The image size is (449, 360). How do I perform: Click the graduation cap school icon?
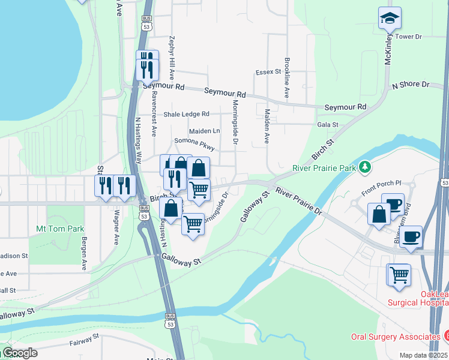pos(390,19)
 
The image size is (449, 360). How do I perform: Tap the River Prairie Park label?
pos(324,169)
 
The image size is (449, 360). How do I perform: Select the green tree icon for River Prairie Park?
pos(364,167)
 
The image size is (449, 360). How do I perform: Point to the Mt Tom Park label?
pos(60,229)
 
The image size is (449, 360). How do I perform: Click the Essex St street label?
pos(268,72)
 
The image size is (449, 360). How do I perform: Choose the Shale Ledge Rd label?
pos(186,114)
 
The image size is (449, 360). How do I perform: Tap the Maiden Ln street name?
pos(205,131)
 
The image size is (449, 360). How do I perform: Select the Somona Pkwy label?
pos(194,142)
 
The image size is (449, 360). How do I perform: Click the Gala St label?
pos(328,125)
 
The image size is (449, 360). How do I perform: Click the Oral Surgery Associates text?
pos(393,337)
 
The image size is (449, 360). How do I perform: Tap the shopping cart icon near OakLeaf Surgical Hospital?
pos(399,275)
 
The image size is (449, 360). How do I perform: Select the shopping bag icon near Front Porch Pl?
pos(379,214)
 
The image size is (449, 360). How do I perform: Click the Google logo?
pos(19,353)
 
